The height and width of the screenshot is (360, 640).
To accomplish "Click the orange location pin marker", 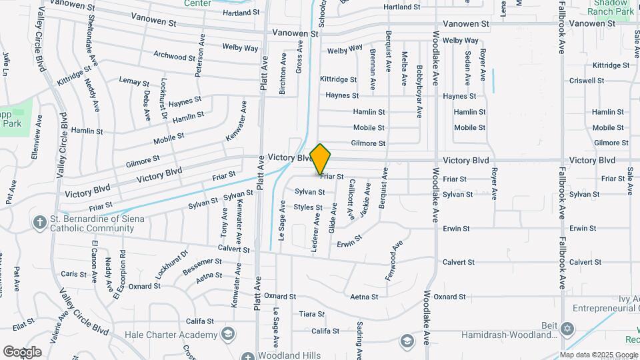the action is pyautogui.click(x=321, y=159).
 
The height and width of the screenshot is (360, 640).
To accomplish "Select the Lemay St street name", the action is pyautogui.click(x=133, y=81).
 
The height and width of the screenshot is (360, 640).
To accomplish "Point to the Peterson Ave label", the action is pyautogui.click(x=199, y=56).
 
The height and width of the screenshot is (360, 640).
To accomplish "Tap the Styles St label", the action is pyautogui.click(x=308, y=207).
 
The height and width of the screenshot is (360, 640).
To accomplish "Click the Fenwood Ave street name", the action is pyautogui.click(x=394, y=259).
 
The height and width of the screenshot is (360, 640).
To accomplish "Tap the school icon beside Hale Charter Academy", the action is pyautogui.click(x=228, y=333).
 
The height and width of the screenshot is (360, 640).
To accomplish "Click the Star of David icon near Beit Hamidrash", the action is pyautogui.click(x=567, y=328).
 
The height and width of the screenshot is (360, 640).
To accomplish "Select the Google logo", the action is pyautogui.click(x=22, y=352).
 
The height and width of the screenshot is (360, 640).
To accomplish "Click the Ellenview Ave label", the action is pyautogui.click(x=37, y=136).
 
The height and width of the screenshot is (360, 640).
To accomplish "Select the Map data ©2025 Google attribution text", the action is pyautogui.click(x=599, y=355).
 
